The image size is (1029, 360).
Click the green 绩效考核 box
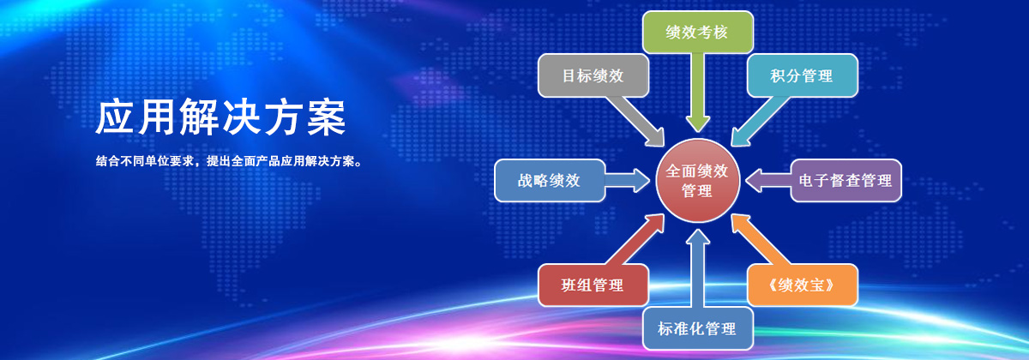pyautogui.click(x=697, y=33)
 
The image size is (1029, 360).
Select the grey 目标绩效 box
pyautogui.click(x=593, y=75)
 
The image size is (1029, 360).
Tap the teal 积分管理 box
pyautogui.click(x=802, y=75)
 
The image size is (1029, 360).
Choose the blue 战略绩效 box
pyautogui.click(x=550, y=181)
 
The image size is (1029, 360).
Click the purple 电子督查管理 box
pyautogui.click(x=845, y=181)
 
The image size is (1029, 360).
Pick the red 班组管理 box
pyautogui.click(x=593, y=285)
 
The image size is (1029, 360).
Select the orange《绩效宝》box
pyautogui.click(x=802, y=285)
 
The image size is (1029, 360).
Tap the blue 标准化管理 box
pyautogui.click(x=697, y=328)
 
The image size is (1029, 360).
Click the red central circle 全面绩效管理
pyautogui.click(x=698, y=181)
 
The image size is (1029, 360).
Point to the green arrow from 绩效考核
pyautogui.click(x=698, y=93)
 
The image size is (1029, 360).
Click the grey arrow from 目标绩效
pyautogui.click(x=635, y=119)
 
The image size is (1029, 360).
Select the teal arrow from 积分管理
pyautogui.click(x=760, y=120)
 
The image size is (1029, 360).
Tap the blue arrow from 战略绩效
pyautogui.click(x=627, y=180)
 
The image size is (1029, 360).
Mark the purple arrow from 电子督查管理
pyautogui.click(x=768, y=181)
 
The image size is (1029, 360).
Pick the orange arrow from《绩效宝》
pyautogui.click(x=760, y=241)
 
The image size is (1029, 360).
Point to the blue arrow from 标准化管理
pyautogui.click(x=698, y=268)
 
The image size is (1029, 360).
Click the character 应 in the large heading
pyautogui.click(x=115, y=117)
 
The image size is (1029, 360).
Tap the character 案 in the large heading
pyautogui.click(x=326, y=117)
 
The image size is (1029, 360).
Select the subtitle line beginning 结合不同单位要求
pyautogui.click(x=229, y=161)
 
